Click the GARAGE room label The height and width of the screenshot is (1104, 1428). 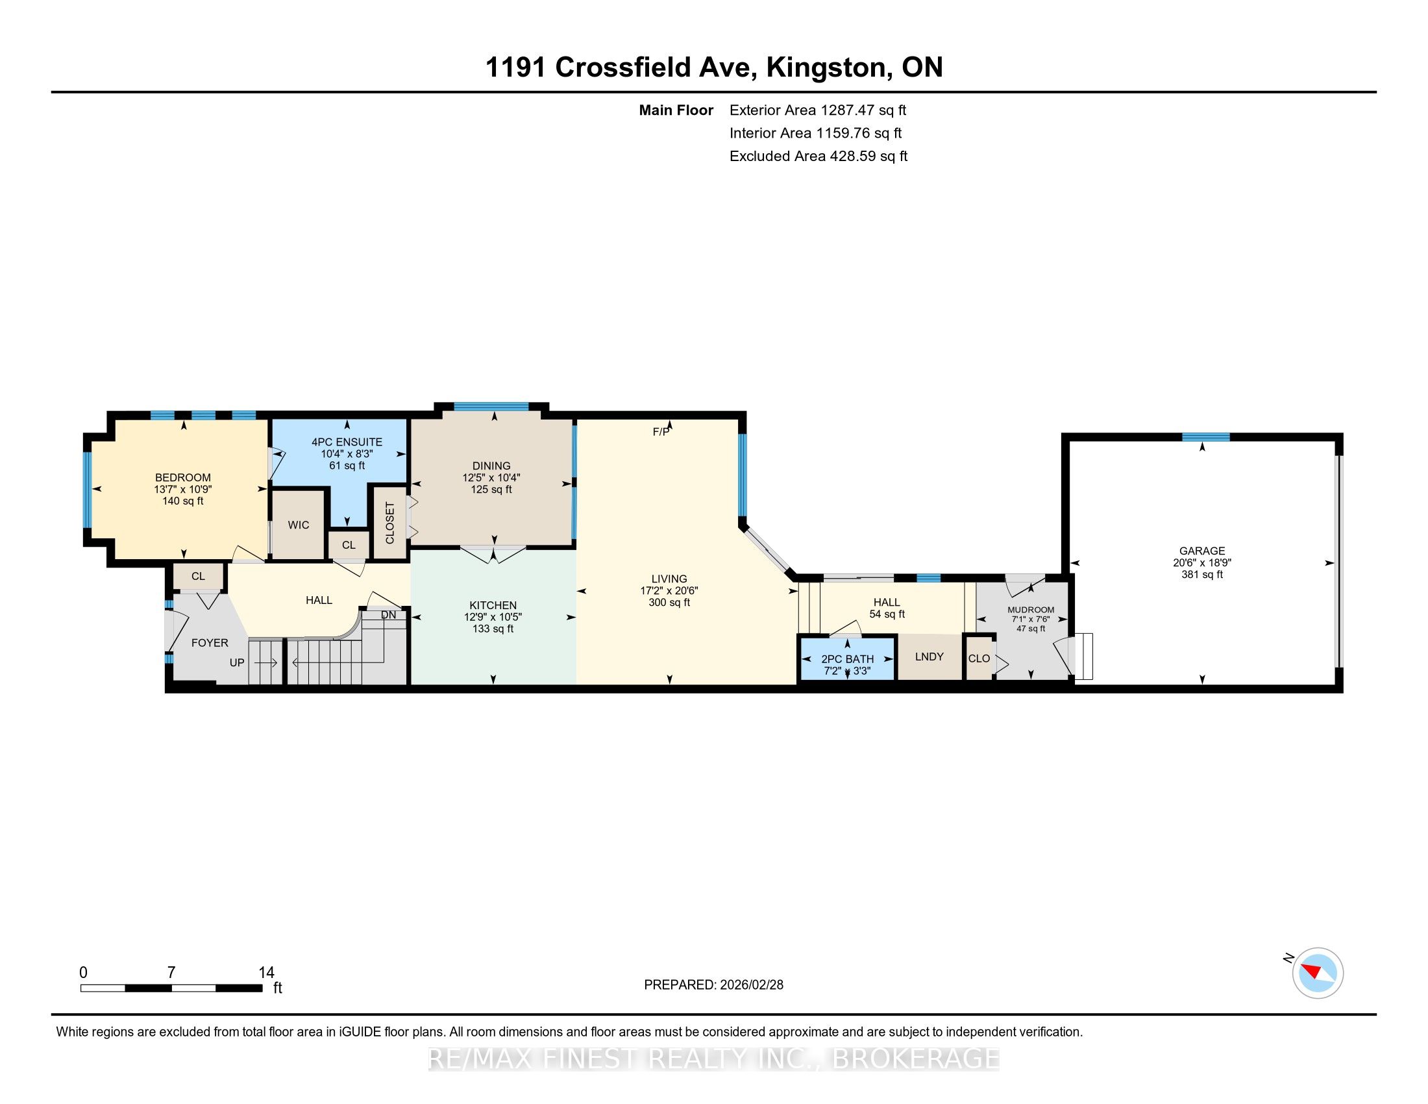point(1201,551)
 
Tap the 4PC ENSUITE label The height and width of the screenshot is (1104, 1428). point(347,442)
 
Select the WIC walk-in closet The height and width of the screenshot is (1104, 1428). point(298,525)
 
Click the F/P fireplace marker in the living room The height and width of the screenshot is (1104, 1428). point(661,432)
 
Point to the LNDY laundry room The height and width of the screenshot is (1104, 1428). point(929,657)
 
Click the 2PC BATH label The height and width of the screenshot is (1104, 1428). point(847,659)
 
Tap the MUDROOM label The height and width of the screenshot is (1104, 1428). point(1031,610)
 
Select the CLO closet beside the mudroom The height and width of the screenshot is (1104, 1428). point(979,659)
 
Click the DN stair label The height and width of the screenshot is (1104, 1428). point(388,615)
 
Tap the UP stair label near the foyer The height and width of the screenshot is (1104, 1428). point(237,662)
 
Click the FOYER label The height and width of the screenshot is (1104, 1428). point(210,643)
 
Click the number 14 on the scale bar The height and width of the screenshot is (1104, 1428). point(266,973)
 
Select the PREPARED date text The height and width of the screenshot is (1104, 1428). point(713,985)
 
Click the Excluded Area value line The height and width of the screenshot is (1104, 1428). point(819,156)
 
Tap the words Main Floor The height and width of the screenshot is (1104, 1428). point(676,110)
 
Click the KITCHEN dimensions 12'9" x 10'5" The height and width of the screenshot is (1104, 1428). point(493,618)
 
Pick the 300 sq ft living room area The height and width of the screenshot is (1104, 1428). point(669,603)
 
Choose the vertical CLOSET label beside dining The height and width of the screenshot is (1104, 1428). point(390,523)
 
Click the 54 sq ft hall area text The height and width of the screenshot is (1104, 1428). point(887,614)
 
